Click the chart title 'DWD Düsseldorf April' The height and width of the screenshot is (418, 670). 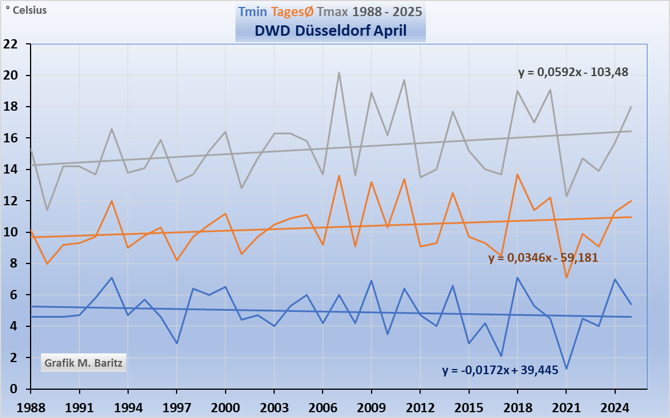pos(331,31)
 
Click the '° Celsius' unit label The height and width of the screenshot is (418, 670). pos(26,10)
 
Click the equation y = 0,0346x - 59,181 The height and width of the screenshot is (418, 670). pos(543,258)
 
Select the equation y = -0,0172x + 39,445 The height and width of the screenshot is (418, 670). pos(500,371)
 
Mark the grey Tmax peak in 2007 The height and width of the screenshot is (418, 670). pos(339,73)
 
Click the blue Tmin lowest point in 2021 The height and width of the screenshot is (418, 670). pos(566,368)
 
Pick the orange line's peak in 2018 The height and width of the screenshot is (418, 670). pos(518,174)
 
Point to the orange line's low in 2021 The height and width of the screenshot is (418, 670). pos(566,278)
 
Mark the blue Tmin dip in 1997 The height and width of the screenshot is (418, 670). pos(177,344)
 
